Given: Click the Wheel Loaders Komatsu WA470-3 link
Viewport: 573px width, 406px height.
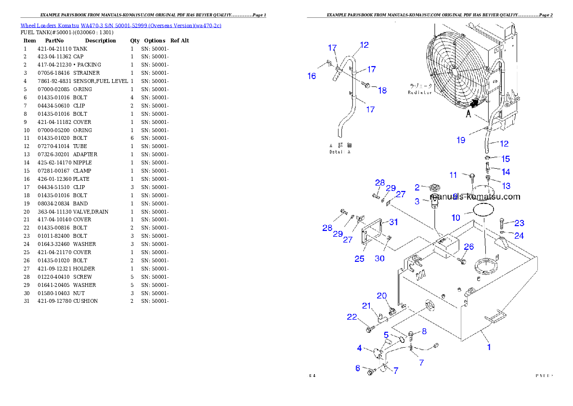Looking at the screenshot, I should [x=120, y=26].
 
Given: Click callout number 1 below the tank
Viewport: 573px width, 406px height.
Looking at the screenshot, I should [x=489, y=346].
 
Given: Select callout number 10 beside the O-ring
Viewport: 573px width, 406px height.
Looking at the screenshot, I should [x=456, y=218].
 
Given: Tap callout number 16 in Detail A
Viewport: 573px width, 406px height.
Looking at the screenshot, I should [x=312, y=76].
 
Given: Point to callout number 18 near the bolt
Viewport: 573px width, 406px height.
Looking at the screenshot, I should [x=382, y=90].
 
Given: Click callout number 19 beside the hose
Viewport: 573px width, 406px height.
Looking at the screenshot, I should [x=461, y=140].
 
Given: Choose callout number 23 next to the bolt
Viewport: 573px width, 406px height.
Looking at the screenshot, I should [x=519, y=223].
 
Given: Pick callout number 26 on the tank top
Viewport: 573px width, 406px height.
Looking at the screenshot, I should [x=469, y=247].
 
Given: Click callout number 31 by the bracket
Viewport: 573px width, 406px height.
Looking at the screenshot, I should [x=393, y=222].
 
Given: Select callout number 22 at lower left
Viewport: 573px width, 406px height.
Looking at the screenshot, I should [x=352, y=317].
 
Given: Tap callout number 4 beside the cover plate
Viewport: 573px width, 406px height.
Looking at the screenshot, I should [x=359, y=348].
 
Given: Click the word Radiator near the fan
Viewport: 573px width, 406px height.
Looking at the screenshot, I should [x=420, y=92].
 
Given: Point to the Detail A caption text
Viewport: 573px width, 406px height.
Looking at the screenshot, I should [x=340, y=151].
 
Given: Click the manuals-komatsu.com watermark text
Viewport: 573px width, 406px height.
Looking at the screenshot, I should [x=475, y=197].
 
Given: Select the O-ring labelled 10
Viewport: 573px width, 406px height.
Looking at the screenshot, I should [x=483, y=210].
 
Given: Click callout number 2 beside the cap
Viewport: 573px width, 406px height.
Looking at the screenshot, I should [x=417, y=187].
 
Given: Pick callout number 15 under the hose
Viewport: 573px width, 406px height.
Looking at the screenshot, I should [x=505, y=159].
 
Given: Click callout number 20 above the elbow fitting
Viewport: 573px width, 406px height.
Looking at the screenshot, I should [x=381, y=296].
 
